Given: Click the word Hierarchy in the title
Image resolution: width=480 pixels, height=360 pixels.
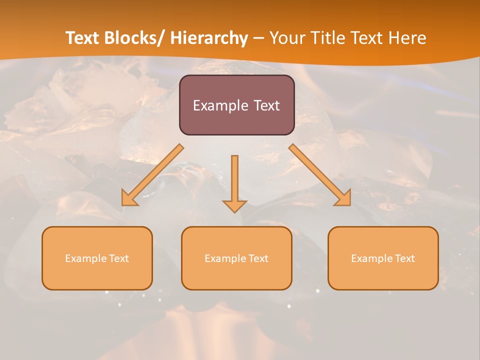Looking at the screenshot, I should point(209,38).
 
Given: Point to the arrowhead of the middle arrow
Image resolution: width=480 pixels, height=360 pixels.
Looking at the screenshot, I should point(234,205).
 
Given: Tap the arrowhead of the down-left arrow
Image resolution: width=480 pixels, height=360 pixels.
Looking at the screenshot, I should point(129,198).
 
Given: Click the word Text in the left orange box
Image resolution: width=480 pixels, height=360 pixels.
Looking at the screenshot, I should point(118,258).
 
